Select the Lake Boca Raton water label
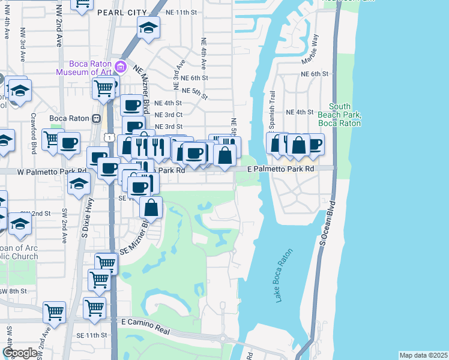pos(287,281)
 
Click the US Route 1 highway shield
pos(109,137)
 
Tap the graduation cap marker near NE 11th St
pos(148,28)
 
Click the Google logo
pos(20,353)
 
